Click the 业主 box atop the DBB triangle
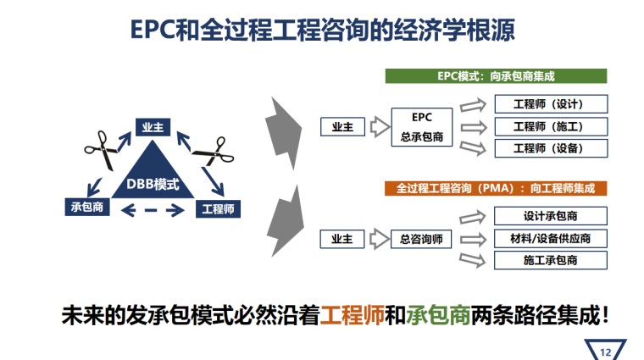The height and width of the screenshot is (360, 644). (153, 128)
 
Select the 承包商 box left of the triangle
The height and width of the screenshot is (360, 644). (88, 208)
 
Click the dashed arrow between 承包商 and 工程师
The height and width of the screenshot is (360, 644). (153, 208)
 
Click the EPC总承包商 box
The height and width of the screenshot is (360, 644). (422, 126)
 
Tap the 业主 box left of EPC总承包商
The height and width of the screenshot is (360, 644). (342, 127)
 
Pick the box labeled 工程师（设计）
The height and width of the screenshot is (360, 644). (551, 104)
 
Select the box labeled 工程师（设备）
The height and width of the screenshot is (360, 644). (551, 148)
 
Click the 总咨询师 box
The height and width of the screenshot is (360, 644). (421, 239)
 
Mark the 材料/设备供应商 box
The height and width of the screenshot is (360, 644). (551, 238)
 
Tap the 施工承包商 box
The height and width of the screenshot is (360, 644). (551, 260)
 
